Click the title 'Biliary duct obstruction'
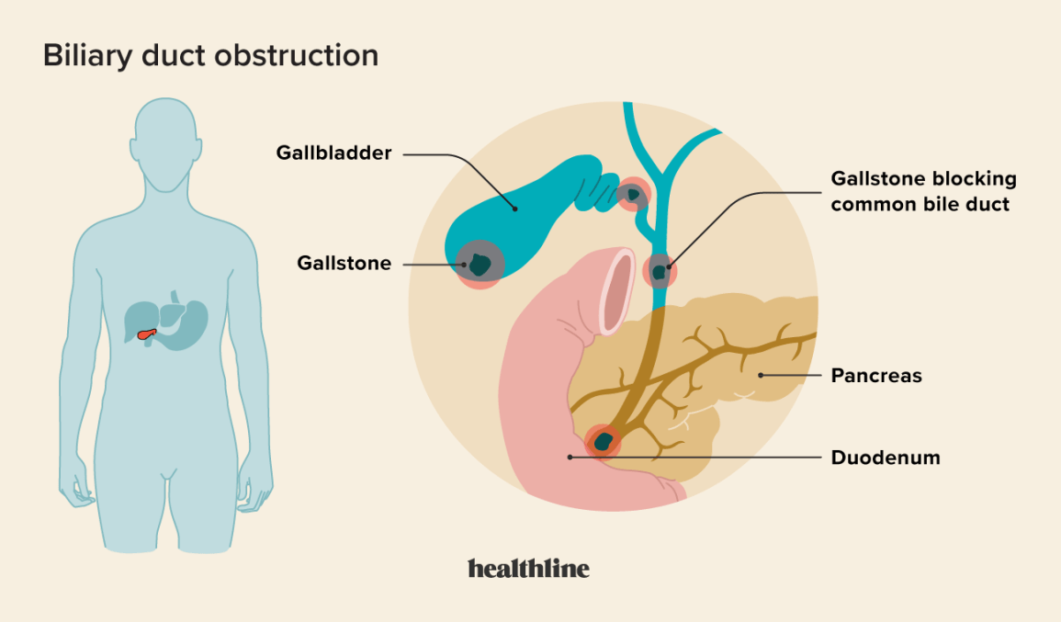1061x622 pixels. (210, 55)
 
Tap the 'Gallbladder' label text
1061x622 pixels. (333, 153)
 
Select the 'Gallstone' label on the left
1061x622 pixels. (344, 264)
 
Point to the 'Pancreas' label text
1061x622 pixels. (875, 376)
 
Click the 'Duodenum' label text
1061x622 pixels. (885, 458)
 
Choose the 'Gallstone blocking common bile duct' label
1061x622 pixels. (922, 191)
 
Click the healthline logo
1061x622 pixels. (528, 568)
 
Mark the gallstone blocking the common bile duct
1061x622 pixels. (660, 270)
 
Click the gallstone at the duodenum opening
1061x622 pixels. (603, 442)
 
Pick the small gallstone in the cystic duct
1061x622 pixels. (632, 194)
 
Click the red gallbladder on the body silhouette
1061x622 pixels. (146, 334)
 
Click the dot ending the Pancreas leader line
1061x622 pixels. (761, 376)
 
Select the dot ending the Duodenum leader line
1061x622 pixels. (570, 457)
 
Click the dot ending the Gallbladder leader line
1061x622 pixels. (515, 209)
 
